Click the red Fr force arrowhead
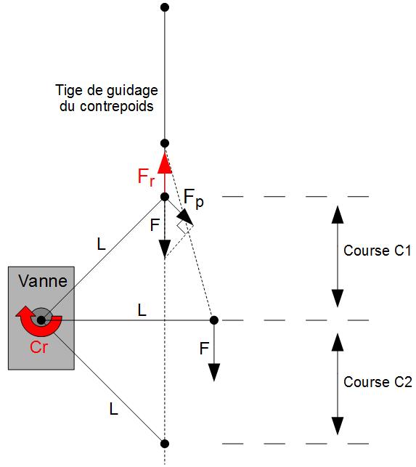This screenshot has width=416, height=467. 165,163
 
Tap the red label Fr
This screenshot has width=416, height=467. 146,177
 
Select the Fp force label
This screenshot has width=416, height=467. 194,199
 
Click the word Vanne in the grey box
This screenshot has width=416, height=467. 43,281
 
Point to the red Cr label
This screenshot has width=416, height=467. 38,347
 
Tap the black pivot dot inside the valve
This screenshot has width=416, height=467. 41,320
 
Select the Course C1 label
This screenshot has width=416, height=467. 378,251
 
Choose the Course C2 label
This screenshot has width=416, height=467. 378,382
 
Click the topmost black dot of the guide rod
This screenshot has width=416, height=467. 165,7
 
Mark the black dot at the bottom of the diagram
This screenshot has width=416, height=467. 165,444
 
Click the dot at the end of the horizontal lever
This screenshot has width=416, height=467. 213,320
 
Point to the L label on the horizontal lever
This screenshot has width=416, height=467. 142,310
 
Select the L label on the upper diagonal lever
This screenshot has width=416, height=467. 101,244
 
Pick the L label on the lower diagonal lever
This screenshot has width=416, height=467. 113,409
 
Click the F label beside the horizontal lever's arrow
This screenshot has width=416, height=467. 204,349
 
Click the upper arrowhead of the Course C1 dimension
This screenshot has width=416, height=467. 338,214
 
